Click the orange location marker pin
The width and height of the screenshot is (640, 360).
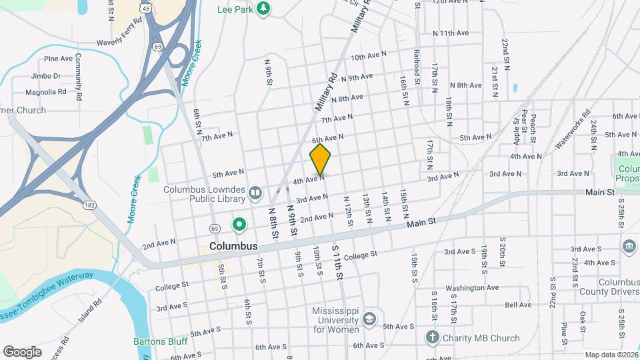point(320,160)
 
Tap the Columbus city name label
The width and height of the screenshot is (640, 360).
point(233,246)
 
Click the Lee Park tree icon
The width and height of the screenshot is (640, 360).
point(265,8)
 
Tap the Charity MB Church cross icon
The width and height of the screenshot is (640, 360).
point(432,337)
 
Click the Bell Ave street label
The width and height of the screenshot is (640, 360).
point(518,305)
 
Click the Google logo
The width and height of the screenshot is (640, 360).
point(22,351)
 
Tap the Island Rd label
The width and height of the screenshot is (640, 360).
point(88,311)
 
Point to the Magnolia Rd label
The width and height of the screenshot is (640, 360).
point(45,92)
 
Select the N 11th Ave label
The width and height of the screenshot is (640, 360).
point(451,33)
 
